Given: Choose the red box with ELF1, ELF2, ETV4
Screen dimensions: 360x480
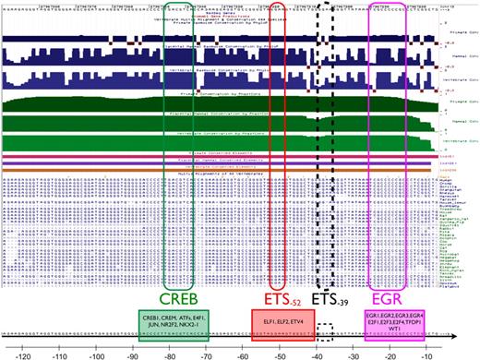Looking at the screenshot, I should pos(280,324).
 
